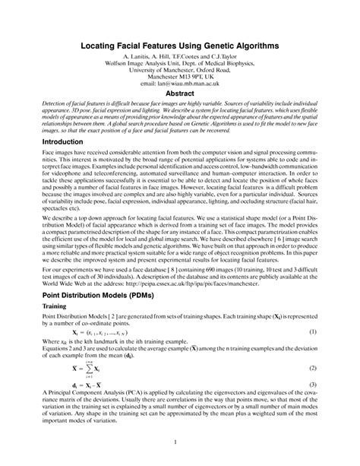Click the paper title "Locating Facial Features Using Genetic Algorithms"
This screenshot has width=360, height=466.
pyautogui.click(x=180, y=46)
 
